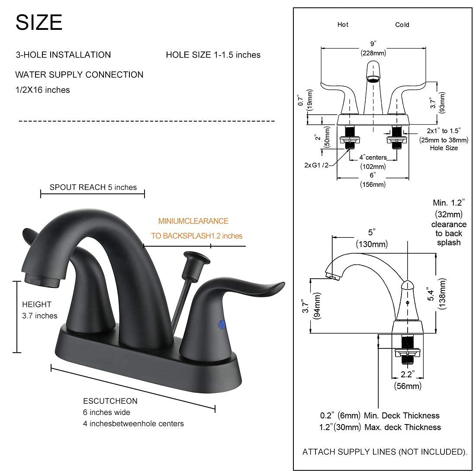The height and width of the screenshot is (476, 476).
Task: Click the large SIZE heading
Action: [x=39, y=22]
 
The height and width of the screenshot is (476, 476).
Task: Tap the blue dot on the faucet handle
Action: [x=222, y=324]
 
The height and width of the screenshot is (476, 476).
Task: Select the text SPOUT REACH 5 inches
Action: [x=93, y=187]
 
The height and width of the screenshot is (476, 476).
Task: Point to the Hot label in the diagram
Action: [x=343, y=25]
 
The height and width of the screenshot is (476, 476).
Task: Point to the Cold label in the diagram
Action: [x=402, y=25]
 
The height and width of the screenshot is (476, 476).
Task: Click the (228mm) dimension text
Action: [x=373, y=53]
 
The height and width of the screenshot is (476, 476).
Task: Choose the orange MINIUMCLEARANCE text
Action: [x=193, y=221]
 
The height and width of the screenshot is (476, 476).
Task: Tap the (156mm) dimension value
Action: [x=373, y=184]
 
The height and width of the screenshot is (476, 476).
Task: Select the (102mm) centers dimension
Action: [x=373, y=167]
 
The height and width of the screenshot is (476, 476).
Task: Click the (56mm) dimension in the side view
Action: [x=407, y=386]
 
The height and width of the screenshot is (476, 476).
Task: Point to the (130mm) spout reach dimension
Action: [x=372, y=244]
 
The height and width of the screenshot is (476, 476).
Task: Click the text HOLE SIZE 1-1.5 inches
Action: [x=213, y=55]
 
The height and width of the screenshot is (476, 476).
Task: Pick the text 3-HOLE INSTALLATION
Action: [x=63, y=55]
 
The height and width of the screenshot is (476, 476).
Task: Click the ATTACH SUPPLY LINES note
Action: [x=384, y=452]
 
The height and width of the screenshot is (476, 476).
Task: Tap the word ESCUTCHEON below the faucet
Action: [x=110, y=401]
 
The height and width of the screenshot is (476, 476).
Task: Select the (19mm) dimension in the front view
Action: [x=310, y=101]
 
